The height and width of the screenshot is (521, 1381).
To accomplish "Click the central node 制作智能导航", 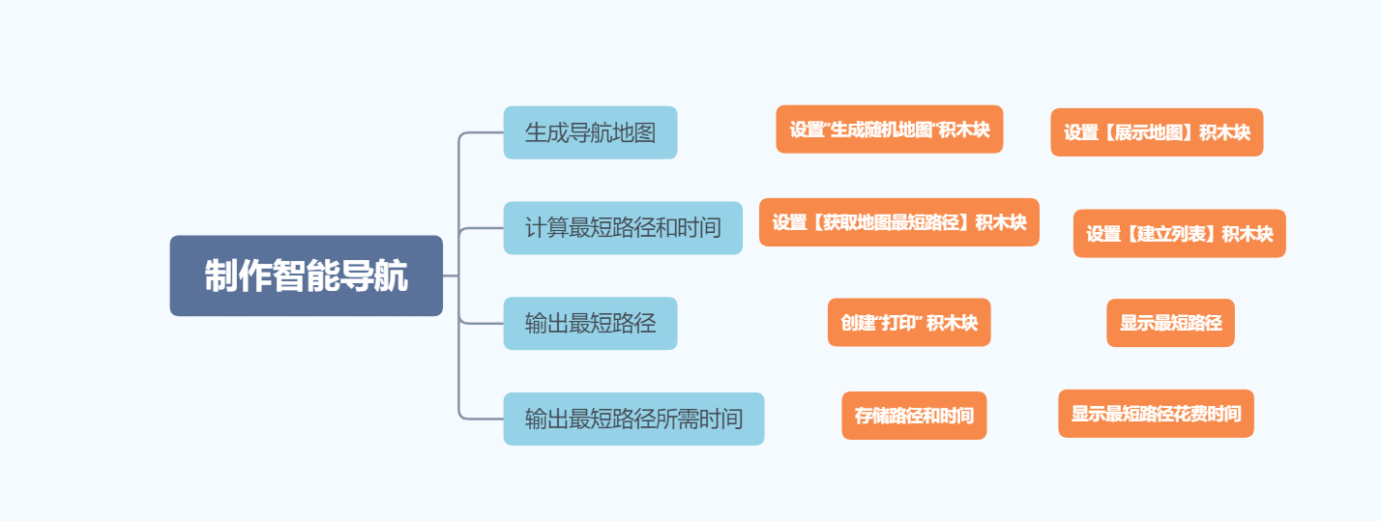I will (x=306, y=275).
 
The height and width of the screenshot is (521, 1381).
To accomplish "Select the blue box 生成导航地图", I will (x=590, y=132).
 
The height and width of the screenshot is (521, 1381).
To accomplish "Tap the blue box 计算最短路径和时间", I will (x=623, y=228).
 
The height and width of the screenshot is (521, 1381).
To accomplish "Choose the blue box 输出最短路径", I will (x=590, y=323).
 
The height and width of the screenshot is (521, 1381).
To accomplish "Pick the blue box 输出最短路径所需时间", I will (x=633, y=419).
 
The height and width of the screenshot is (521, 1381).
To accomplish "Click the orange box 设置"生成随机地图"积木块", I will (x=889, y=130).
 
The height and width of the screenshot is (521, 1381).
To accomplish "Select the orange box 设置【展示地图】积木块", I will (x=1157, y=132).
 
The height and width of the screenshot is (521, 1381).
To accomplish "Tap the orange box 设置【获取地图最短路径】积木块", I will (x=898, y=222).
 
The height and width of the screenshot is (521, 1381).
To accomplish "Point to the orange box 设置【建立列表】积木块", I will (x=1179, y=234).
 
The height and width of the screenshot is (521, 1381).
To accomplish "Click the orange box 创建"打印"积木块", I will (x=909, y=322).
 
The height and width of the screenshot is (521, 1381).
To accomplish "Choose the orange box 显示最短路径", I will (x=1170, y=323).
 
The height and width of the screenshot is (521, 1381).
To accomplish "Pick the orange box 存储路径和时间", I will (x=914, y=416).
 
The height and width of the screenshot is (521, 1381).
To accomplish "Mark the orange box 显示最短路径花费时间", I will (x=1156, y=414).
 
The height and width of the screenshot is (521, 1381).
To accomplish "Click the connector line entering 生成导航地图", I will (x=484, y=132).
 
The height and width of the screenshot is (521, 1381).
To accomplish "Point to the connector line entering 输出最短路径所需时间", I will (x=484, y=419).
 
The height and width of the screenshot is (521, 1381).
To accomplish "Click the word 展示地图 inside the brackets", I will (x=1157, y=132).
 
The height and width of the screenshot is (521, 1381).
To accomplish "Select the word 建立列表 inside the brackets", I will (x=1179, y=234).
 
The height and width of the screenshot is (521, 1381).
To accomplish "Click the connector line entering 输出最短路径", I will (x=484, y=323).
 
